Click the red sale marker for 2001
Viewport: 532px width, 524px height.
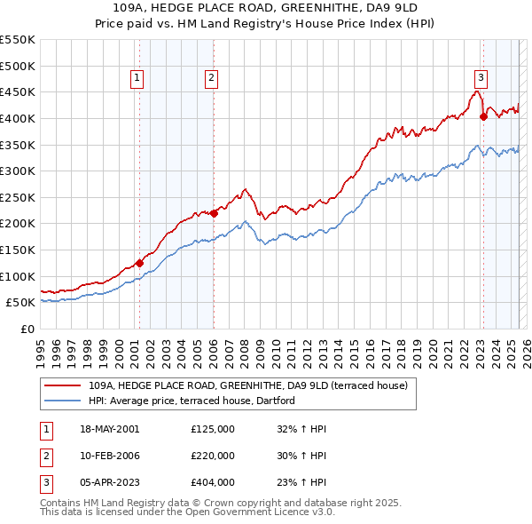point(139,263)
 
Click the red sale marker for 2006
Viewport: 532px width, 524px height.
point(214,213)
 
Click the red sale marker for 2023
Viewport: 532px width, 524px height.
point(483,116)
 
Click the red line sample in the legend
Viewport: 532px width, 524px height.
point(62,386)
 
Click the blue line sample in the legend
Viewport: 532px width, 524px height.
point(62,401)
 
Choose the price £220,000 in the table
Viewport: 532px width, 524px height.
point(213,456)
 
